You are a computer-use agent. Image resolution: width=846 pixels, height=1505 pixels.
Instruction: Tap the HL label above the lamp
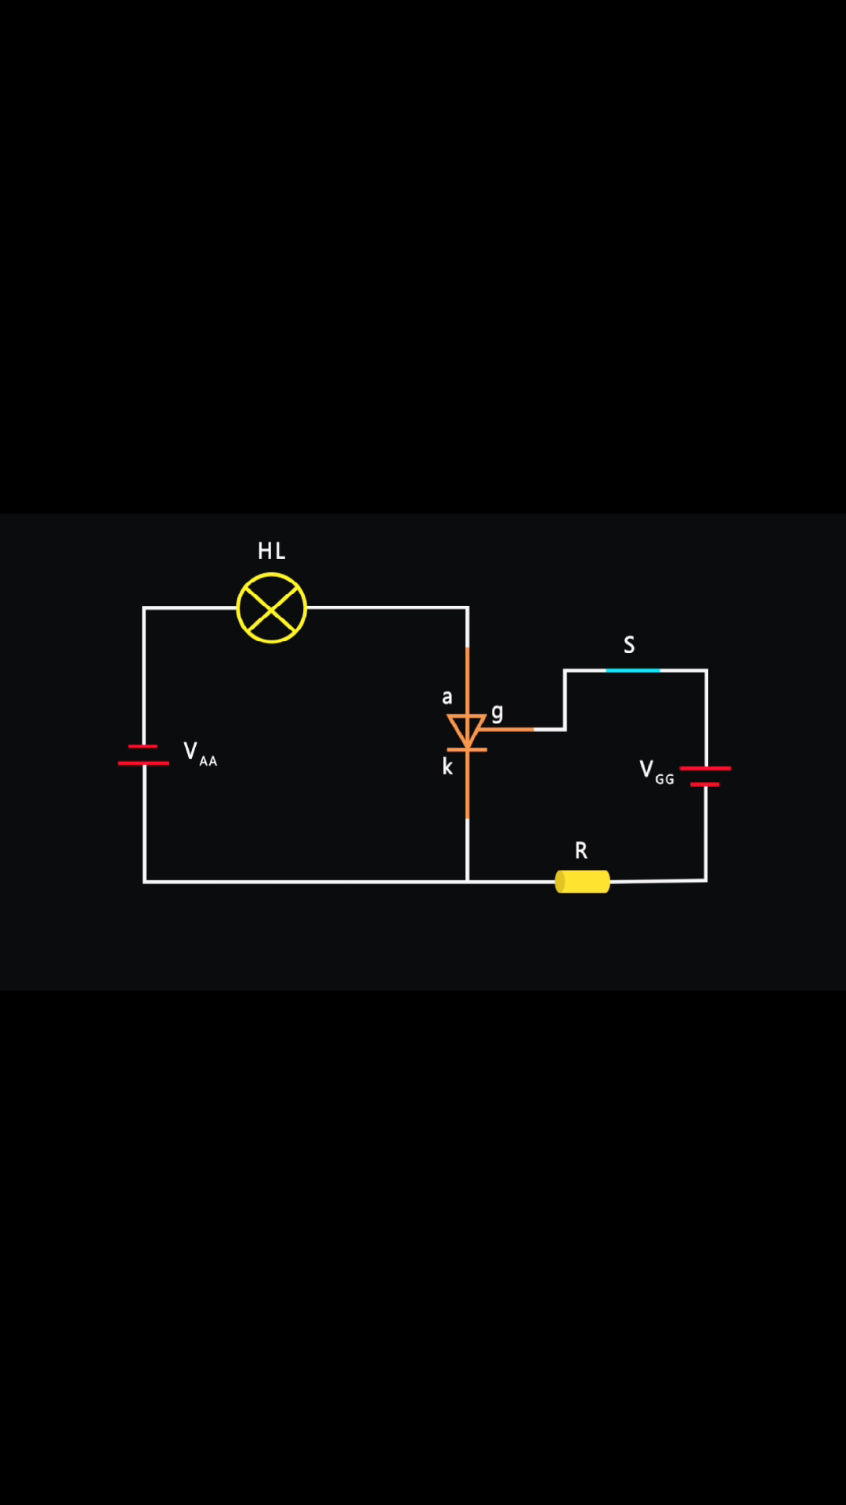[271, 551]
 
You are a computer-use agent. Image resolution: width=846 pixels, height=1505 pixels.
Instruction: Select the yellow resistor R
[582, 882]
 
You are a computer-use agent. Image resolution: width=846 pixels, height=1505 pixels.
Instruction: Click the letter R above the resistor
[580, 850]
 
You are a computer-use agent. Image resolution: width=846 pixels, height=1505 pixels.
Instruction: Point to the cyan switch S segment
[633, 670]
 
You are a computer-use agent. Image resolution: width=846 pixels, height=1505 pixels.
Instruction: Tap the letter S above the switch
[629, 645]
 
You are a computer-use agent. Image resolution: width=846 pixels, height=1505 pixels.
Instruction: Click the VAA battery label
[200, 753]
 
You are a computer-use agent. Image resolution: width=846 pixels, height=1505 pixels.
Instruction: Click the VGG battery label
[656, 772]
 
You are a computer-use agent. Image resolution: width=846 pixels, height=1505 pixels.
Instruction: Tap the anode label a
[447, 697]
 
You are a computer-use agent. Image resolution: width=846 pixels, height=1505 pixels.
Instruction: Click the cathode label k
[447, 766]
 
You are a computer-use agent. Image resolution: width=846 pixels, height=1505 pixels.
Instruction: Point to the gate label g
[497, 713]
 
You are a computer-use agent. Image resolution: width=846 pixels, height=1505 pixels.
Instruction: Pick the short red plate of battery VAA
[143, 746]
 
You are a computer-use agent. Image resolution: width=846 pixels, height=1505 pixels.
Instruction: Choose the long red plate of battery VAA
[143, 763]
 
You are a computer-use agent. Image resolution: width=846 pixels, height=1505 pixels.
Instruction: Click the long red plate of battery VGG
[705, 768]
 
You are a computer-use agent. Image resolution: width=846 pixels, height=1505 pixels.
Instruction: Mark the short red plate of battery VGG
[705, 784]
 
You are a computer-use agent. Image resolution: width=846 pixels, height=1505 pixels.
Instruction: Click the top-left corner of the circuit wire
[144, 607]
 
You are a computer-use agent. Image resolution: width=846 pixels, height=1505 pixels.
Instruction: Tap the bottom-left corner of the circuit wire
[145, 882]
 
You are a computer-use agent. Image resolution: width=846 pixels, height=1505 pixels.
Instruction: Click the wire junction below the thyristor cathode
[468, 882]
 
